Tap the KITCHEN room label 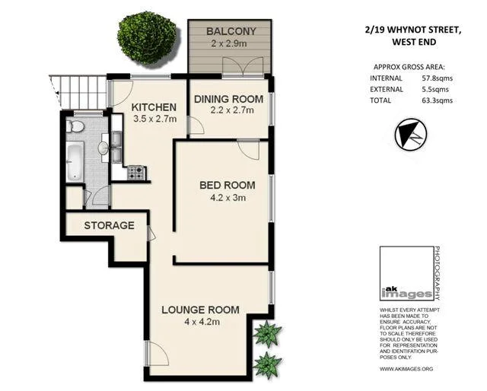coord(154,106)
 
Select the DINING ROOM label coord(228,100)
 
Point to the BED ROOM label coord(227,185)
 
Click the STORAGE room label coord(109,226)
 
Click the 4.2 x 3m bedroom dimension coord(227,199)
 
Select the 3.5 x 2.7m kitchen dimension coord(154,119)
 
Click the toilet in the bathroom coord(76,126)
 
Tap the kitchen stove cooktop coord(136,173)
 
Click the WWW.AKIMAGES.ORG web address coord(406,368)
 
